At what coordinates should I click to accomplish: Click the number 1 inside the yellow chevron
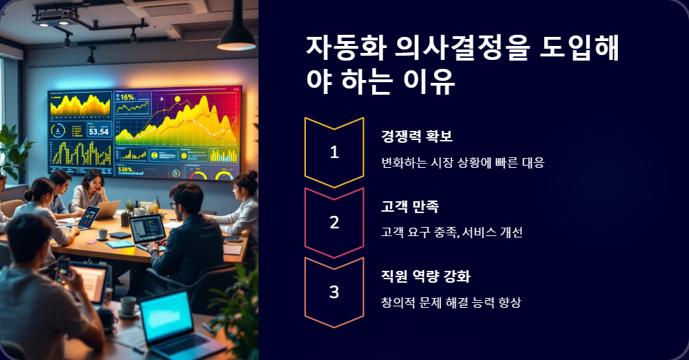point(334,152)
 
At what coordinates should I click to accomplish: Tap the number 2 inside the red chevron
point(334,223)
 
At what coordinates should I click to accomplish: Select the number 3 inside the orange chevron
point(334,292)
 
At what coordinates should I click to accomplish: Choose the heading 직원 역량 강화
point(426,276)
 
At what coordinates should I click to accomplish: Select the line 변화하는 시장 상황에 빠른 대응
point(462,163)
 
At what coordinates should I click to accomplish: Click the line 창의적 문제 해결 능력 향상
point(451,302)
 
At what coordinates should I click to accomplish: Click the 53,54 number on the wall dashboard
point(95,131)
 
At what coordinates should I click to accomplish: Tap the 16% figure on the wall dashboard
point(127,97)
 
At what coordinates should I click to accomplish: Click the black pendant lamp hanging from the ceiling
point(236,35)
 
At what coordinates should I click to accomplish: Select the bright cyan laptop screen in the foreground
point(165,317)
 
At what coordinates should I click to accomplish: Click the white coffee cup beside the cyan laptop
point(128,305)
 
